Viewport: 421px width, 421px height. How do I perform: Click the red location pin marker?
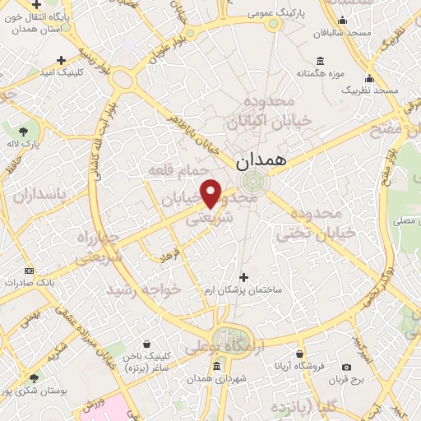coord(211,192)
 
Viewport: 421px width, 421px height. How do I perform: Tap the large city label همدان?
coord(261,161)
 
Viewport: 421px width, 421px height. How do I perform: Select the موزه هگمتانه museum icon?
coord(320,61)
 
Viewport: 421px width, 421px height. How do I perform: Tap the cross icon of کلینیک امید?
coord(62,60)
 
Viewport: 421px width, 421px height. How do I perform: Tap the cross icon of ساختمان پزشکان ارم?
coord(242,277)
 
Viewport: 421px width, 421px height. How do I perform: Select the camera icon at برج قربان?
coord(346,367)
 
